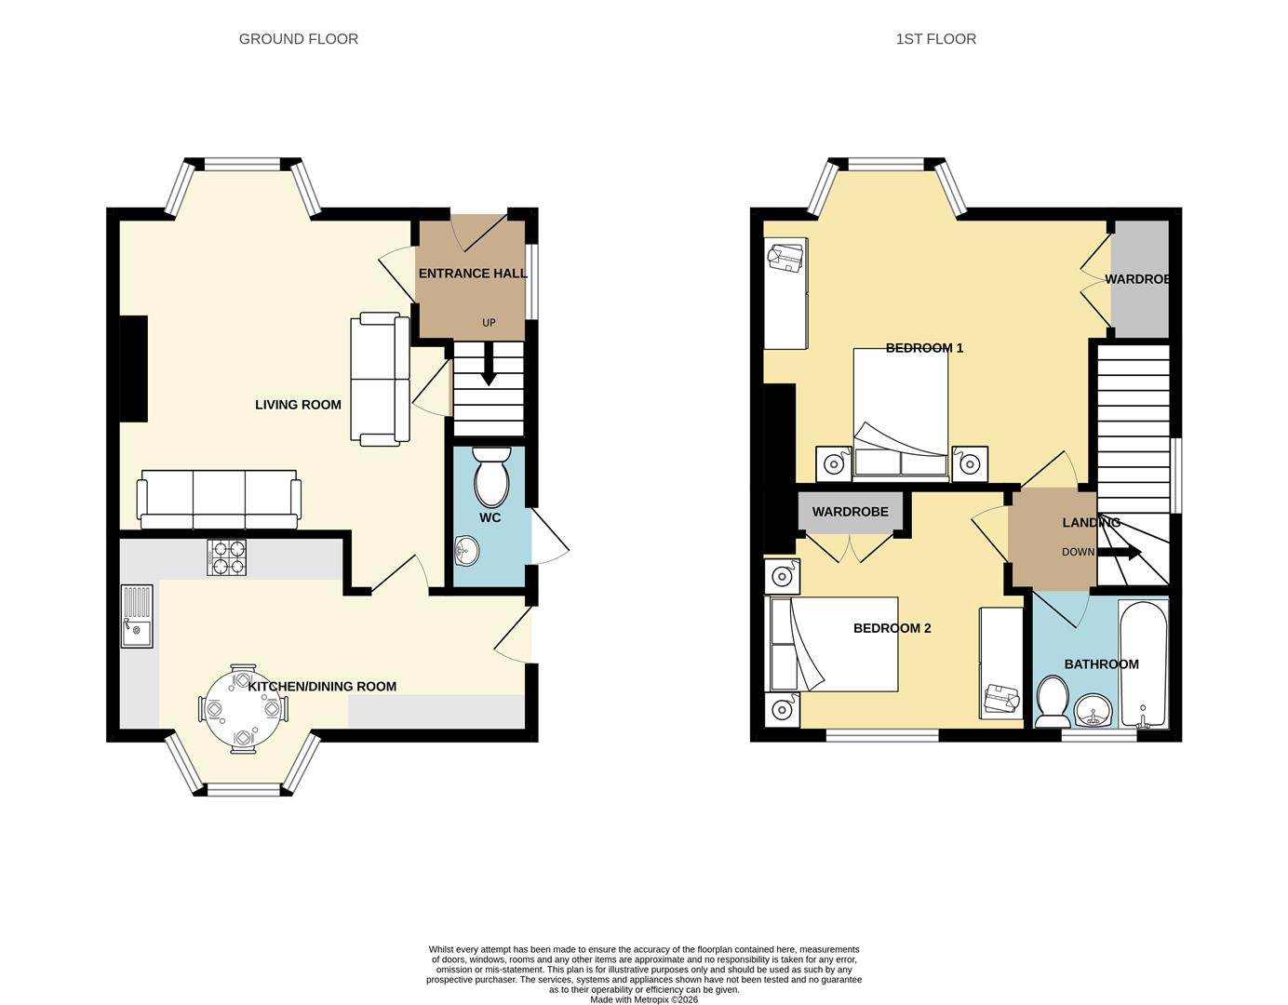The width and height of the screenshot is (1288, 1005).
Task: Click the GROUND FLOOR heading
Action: [x=298, y=39]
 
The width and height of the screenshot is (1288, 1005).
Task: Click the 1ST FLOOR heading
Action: [x=935, y=39]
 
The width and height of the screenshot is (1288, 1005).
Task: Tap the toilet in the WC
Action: [x=491, y=476]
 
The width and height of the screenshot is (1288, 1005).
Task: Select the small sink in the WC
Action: [x=466, y=551]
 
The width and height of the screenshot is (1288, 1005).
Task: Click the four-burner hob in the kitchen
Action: [x=227, y=556]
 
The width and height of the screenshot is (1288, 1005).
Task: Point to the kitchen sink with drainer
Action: [x=136, y=615]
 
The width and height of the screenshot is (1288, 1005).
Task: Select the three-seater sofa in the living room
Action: [x=219, y=498]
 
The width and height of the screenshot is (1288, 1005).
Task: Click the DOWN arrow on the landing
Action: [x=1122, y=553]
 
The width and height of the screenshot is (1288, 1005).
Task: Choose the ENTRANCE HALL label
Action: [x=473, y=274]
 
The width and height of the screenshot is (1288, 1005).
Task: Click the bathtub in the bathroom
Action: [x=1143, y=664]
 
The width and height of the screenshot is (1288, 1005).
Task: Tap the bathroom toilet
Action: [x=1053, y=702]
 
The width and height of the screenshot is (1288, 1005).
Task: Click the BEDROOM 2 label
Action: [x=892, y=628]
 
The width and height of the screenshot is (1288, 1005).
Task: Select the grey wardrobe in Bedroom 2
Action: [x=850, y=512]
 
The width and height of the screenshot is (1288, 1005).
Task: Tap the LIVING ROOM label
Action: [x=298, y=405]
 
